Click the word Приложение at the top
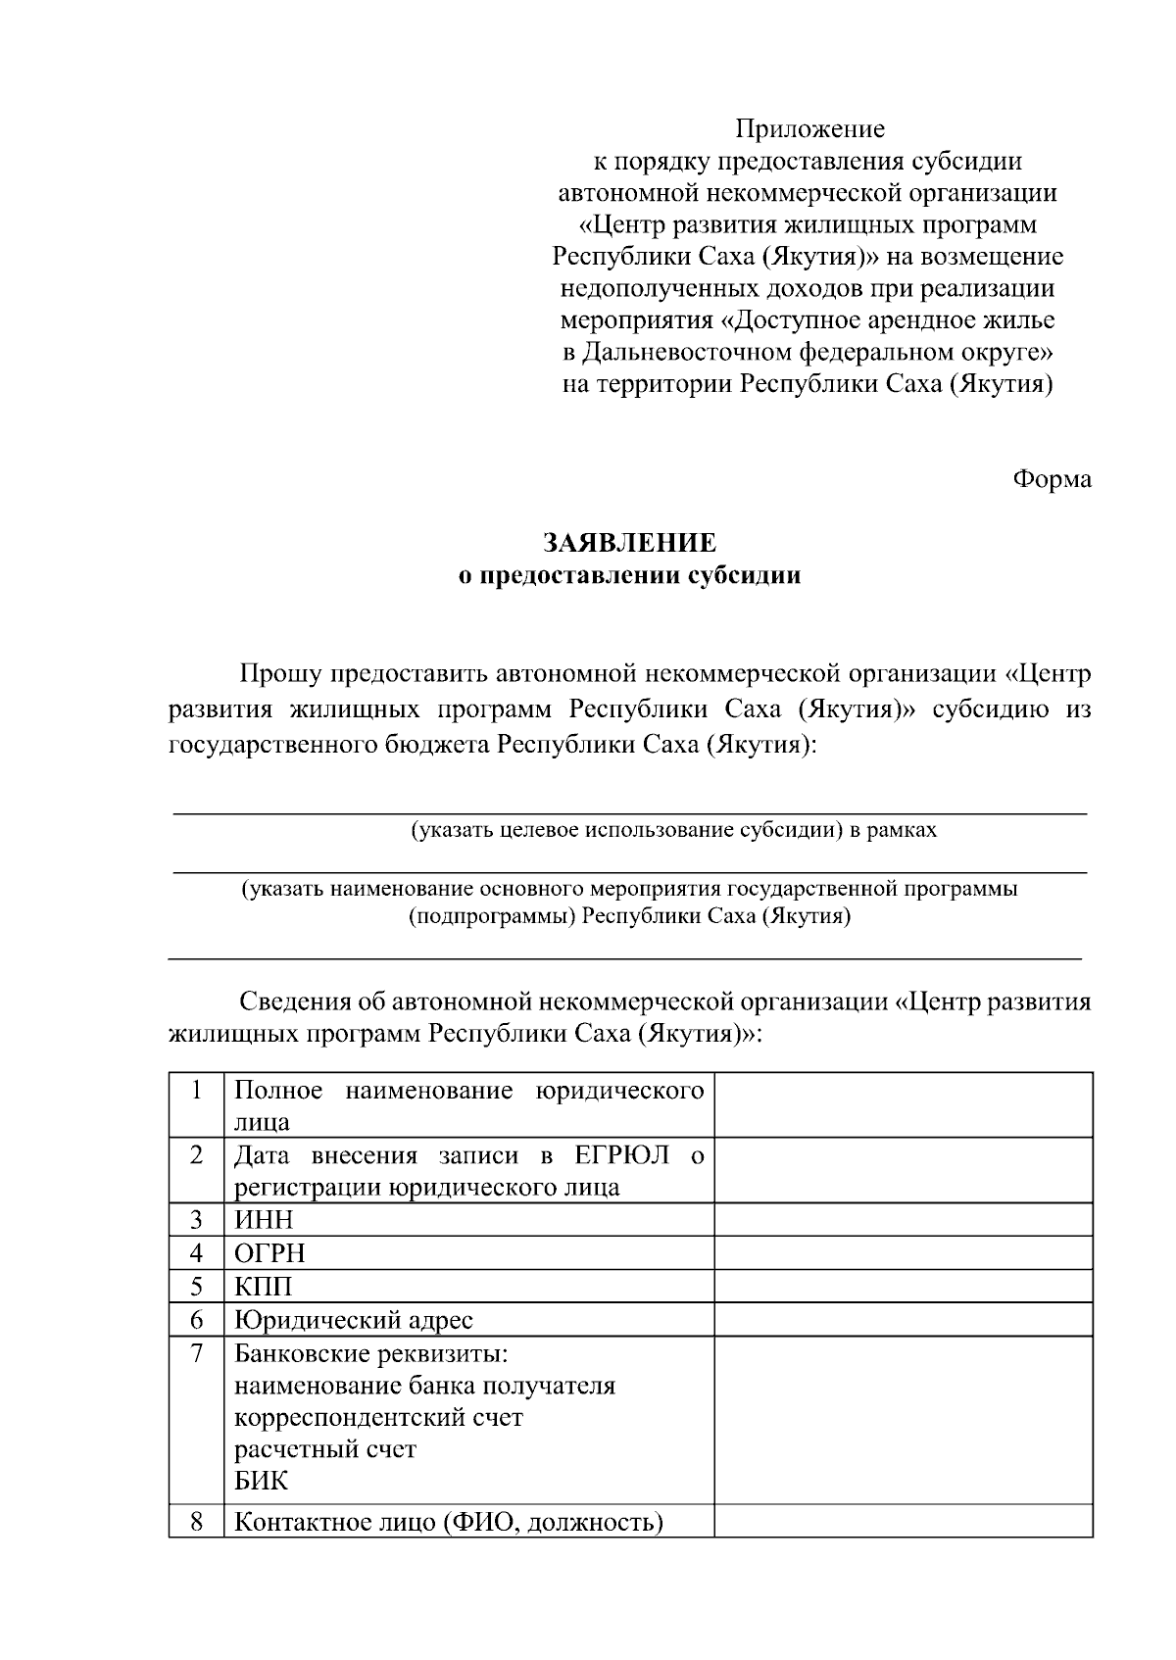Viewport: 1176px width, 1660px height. coord(809,129)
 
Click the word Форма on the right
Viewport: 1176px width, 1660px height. coord(1052,479)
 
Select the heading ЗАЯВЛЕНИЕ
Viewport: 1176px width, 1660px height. coord(630,543)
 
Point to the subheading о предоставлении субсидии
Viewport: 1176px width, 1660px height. coord(630,575)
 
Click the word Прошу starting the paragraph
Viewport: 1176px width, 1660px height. coord(280,675)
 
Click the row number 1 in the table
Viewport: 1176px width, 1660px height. coord(197,1091)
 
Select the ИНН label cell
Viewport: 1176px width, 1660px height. coord(264,1220)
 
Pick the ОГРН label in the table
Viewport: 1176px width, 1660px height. coord(269,1253)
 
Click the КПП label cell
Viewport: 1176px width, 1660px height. coord(263,1287)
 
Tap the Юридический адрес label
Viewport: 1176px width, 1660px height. coord(353,1320)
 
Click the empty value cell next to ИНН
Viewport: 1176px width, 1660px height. coord(903,1220)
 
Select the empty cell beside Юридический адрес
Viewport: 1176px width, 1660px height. coord(903,1320)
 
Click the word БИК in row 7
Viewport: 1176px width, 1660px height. coord(261,1481)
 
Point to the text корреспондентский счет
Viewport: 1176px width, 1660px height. coord(378,1418)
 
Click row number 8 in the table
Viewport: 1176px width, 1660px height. coord(197,1522)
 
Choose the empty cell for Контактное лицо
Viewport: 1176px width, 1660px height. coord(903,1522)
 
